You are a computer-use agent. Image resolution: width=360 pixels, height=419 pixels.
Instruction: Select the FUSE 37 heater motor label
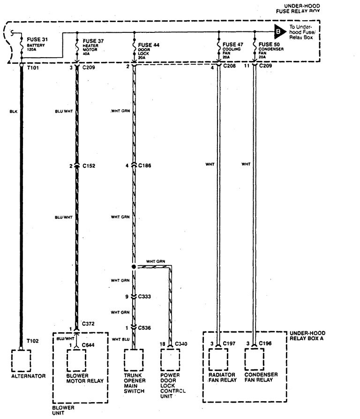pos(93,41)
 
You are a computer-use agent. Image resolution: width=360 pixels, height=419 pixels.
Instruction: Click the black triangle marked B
pos(279,32)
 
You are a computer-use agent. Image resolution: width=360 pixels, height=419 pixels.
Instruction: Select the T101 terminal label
pos(32,67)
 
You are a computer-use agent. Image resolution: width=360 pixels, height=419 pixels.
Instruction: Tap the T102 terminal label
pos(32,341)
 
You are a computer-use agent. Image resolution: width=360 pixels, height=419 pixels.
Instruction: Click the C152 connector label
pos(90,166)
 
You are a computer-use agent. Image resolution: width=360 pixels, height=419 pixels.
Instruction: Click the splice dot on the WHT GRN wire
pos(134,267)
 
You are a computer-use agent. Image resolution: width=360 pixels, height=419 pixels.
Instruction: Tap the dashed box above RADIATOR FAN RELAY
pos(218,360)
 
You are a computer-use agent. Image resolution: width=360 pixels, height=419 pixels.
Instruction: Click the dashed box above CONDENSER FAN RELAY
pos(255,360)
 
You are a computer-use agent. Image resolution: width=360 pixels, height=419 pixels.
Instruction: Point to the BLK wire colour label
pos(13,112)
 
